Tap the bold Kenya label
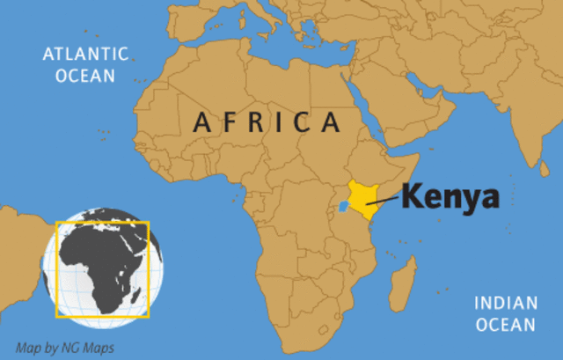450,197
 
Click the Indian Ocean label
505,314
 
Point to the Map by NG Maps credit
65,347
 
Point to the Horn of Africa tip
413,158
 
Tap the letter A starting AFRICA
201,123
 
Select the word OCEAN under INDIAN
505,325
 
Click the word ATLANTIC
84,55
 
